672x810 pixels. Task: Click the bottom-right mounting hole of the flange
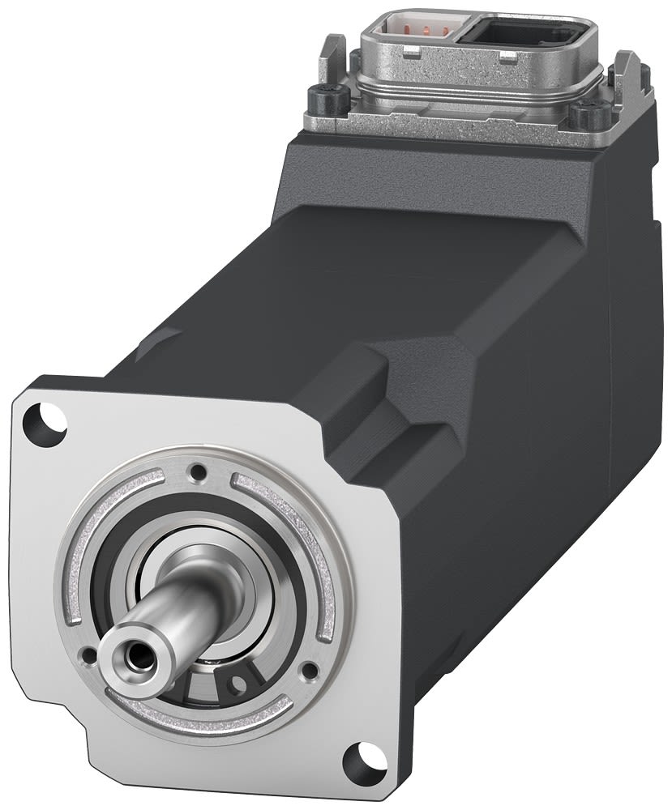357,762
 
